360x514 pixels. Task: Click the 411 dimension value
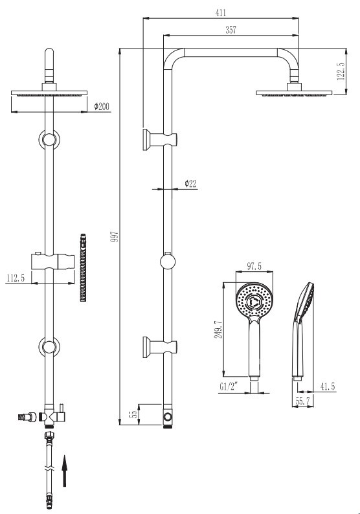coord(221,13)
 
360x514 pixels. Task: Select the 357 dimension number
coord(231,30)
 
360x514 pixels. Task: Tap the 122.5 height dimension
coord(341,71)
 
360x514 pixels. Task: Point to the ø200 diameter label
coord(102,107)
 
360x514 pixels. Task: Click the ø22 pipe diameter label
coord(190,184)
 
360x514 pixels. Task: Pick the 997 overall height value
coord(115,236)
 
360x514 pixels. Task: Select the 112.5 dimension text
coord(16,278)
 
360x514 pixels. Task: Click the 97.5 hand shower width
coord(254,267)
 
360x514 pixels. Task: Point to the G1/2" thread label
coord(229,387)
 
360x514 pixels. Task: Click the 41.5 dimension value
coord(328,387)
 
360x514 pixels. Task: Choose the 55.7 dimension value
coord(302,401)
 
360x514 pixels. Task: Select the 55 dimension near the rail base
coord(133,414)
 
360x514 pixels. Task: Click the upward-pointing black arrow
coord(65,471)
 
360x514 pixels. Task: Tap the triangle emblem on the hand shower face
coord(254,301)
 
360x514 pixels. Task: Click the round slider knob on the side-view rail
coord(168,262)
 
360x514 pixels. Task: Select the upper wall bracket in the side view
coord(160,140)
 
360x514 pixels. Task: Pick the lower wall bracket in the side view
coord(160,347)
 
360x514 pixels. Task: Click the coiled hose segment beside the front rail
coord(84,267)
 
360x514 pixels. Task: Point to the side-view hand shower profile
coord(302,331)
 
